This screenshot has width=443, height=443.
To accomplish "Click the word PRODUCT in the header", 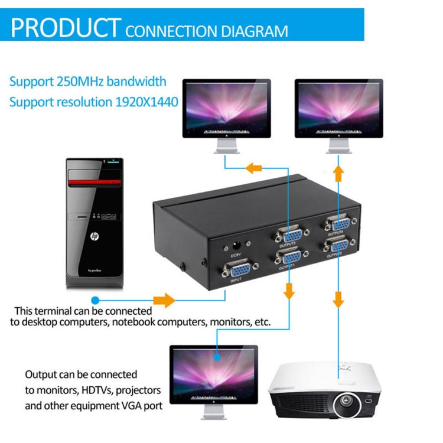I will coord(65,28).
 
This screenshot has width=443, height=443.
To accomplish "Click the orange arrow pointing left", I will coord(254,168).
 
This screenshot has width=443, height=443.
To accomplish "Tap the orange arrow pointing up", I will coord(338,174).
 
